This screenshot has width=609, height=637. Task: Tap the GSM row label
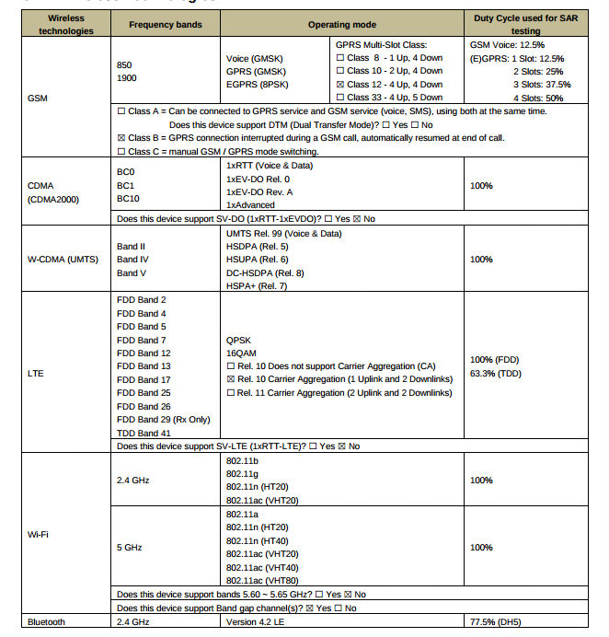[x=39, y=97]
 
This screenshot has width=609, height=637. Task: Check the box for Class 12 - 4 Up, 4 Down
[x=340, y=84]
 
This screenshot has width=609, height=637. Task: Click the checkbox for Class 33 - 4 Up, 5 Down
[x=340, y=98]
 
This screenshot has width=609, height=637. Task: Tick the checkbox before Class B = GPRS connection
[x=122, y=138]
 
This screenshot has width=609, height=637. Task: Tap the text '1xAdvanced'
[x=250, y=205]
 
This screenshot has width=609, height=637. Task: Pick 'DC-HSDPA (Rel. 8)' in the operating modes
[x=264, y=272]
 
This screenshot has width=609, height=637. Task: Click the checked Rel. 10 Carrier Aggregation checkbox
[x=231, y=379]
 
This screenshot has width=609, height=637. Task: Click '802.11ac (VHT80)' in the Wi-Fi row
[x=262, y=580]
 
